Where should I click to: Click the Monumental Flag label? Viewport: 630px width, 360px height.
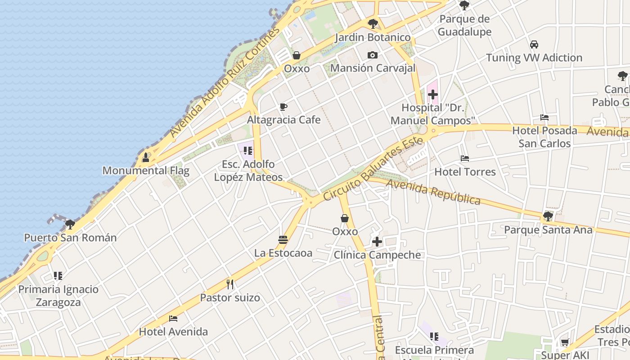coord(146,171)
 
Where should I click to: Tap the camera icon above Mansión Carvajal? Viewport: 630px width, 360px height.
coord(373,55)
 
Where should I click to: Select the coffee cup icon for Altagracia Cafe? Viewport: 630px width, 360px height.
coord(283,107)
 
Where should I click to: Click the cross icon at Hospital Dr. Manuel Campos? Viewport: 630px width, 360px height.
coord(433,94)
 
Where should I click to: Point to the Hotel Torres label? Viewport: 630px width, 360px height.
coord(465,172)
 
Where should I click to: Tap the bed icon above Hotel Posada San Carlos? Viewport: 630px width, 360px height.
coord(544,117)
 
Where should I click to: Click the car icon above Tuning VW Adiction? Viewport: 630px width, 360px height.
coord(534,45)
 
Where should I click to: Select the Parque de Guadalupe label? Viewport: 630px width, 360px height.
coord(464,25)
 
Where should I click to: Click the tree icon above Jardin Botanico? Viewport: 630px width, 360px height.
coord(373,24)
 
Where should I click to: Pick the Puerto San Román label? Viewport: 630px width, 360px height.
coord(70,238)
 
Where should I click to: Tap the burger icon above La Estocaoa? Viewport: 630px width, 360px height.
coord(283,240)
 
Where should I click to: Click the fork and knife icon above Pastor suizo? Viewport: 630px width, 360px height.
coord(230,284)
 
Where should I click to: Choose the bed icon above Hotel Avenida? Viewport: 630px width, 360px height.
coord(173,319)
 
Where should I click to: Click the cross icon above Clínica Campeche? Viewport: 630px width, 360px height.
coord(377,242)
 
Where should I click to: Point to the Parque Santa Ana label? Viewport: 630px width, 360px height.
coord(548,230)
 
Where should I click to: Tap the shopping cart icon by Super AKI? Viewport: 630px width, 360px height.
coord(565,342)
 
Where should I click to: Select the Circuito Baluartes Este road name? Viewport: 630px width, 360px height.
coord(373,169)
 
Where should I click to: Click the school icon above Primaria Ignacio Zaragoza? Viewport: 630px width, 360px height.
coord(58,275)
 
